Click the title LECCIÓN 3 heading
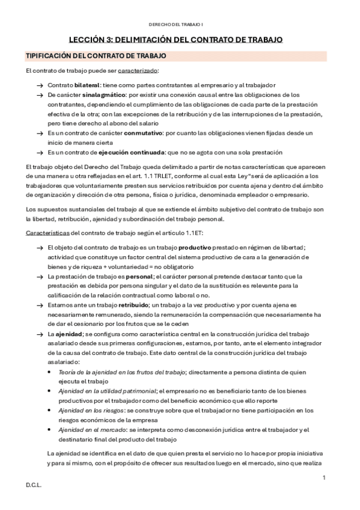(x=176, y=40)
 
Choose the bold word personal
(x=136, y=275)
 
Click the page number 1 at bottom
(x=324, y=478)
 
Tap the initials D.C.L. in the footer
(x=33, y=484)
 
